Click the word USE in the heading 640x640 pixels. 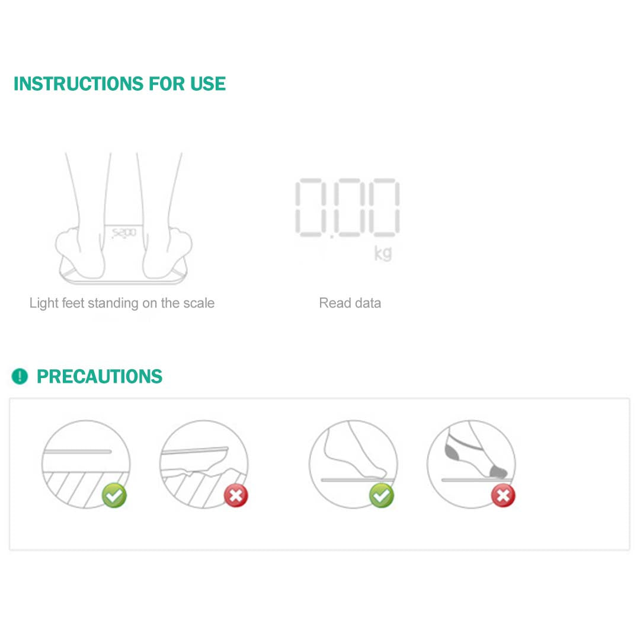pos(208,84)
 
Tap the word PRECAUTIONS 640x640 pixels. pos(100,377)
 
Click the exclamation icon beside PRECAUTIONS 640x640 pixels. pos(20,376)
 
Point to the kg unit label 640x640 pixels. pos(383,253)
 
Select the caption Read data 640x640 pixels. pos(350,303)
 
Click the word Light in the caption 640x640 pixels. pos(44,303)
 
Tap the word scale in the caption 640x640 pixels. pos(199,303)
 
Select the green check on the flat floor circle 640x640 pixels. pos(114,495)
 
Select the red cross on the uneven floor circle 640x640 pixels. pos(236,496)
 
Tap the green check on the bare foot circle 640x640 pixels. pos(382,495)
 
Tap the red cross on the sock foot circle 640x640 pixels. pos(503,496)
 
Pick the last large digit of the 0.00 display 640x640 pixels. pos(384,207)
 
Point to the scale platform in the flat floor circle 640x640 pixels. pos(77,452)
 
